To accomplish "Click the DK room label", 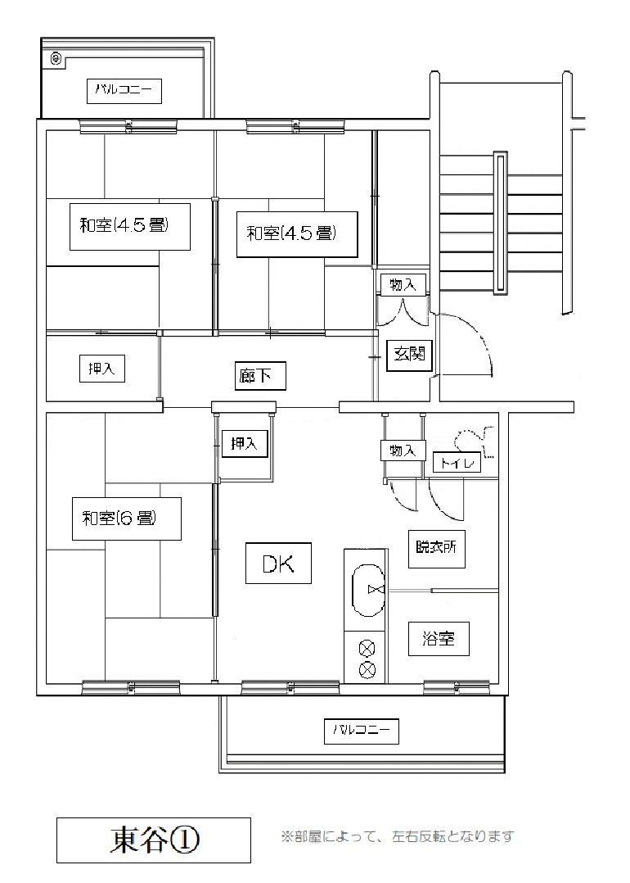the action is (x=278, y=564).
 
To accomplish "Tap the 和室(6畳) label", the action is (x=127, y=518).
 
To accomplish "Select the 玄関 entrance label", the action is (x=409, y=354).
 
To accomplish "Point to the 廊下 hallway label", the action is (x=260, y=376).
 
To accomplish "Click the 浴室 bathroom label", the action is (x=439, y=639).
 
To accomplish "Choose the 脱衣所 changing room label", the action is (x=437, y=547).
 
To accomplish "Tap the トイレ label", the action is (x=457, y=464).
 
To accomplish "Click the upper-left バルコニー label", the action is (x=124, y=91).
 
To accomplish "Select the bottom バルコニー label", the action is (x=362, y=731).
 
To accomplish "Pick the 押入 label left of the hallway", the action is (x=101, y=369).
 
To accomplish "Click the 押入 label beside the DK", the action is (x=244, y=444).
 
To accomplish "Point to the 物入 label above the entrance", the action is (x=403, y=285).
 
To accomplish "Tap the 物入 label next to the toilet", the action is (x=403, y=451).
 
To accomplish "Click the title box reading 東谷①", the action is (x=154, y=840).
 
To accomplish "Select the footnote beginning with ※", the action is (x=398, y=836).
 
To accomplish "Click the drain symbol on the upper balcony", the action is (x=56, y=58).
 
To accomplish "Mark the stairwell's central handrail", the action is (x=499, y=223).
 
